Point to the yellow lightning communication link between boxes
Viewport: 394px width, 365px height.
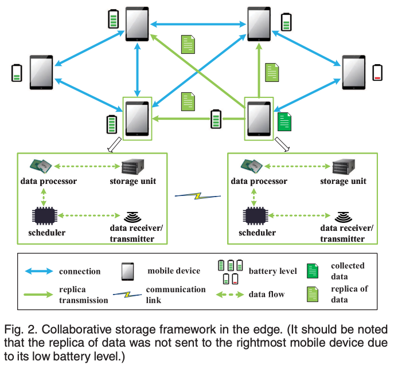click(197, 196)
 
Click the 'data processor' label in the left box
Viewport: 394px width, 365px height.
click(49, 182)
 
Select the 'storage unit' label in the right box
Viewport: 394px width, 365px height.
click(343, 182)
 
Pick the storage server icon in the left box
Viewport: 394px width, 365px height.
click(132, 166)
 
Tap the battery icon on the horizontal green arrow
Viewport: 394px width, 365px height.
click(216, 119)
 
